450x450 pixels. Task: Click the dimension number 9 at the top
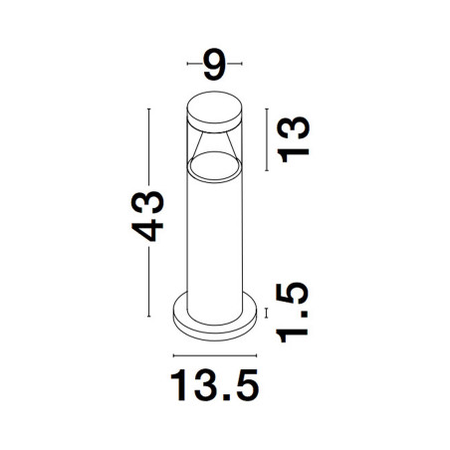(x=214, y=65)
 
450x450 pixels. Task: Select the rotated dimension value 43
(x=147, y=216)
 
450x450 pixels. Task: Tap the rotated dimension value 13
(x=293, y=139)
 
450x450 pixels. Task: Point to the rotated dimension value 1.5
(x=293, y=313)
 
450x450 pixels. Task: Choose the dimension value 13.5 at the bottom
(x=214, y=385)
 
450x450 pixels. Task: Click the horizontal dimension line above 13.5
(x=215, y=355)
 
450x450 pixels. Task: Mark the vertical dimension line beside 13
(x=267, y=139)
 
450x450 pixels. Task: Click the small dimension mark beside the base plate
(x=266, y=313)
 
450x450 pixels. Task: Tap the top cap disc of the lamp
(x=214, y=112)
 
